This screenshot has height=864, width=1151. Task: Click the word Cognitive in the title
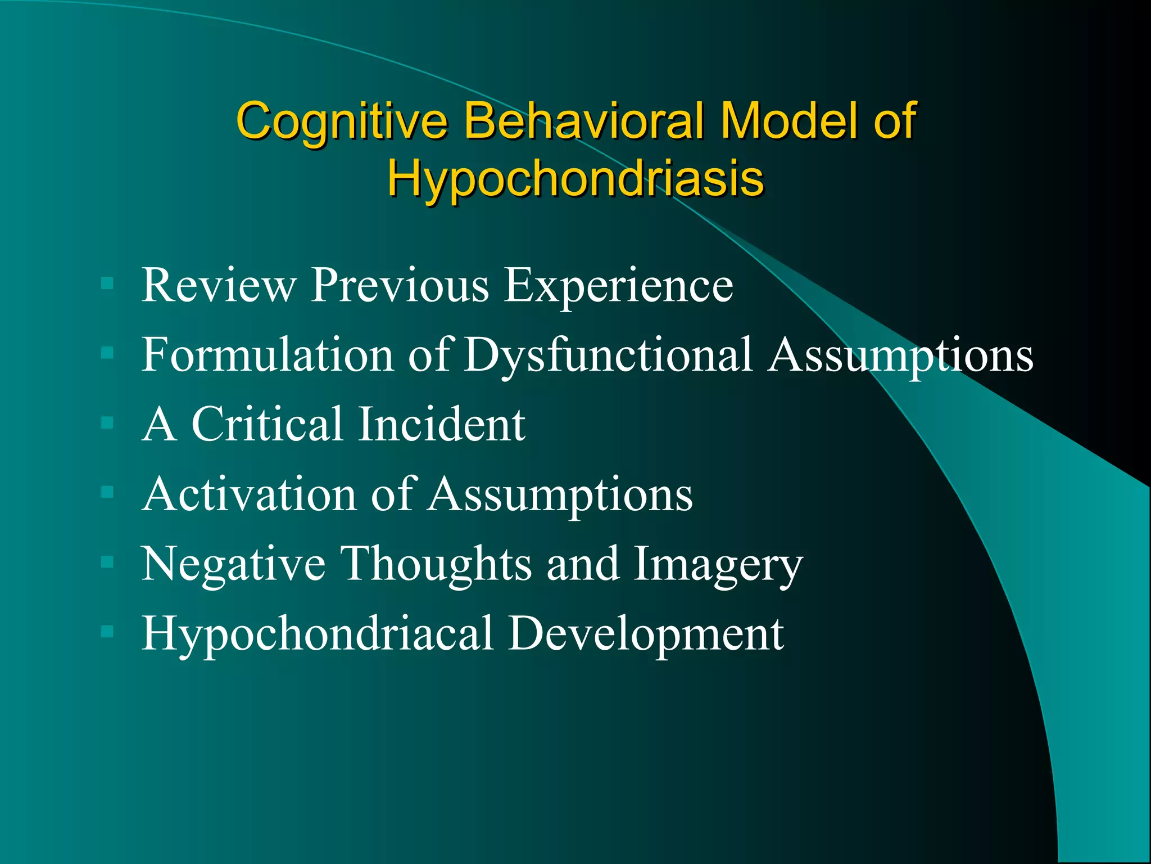pos(342,120)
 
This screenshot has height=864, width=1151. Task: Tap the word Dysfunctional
pos(608,355)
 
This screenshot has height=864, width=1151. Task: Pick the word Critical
pos(266,424)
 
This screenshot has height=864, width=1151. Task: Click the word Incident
pos(442,424)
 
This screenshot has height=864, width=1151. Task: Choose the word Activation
pos(250,494)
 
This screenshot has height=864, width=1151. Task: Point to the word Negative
pos(233,564)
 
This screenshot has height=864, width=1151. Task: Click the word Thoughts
pos(437,564)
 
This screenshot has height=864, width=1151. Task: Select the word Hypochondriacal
pos(318,634)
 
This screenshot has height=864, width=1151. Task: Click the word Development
pos(646,634)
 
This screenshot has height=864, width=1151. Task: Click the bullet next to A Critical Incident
pos(107,422)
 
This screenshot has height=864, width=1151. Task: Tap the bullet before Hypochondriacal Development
pos(107,632)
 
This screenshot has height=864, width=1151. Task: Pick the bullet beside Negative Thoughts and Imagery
pos(107,562)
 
